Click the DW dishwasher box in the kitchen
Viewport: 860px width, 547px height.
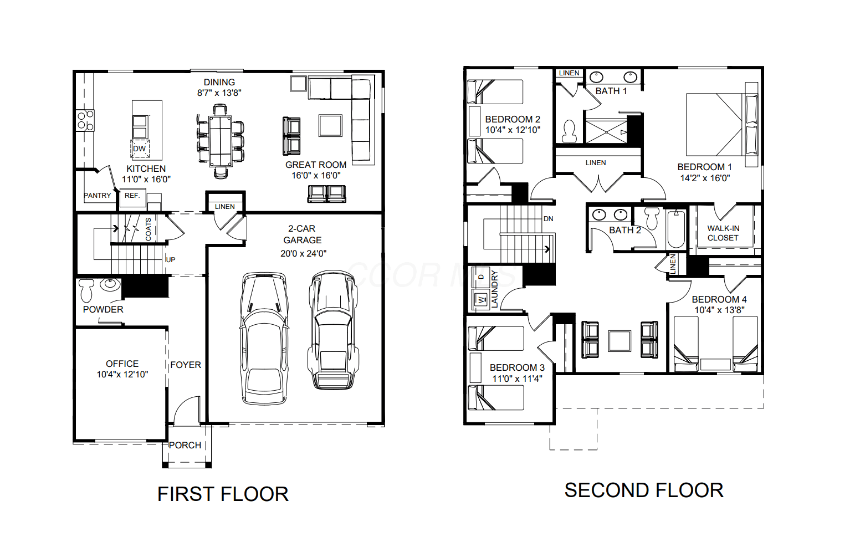coord(140,149)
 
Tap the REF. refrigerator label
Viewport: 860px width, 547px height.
coord(132,196)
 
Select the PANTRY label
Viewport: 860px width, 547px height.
coord(98,196)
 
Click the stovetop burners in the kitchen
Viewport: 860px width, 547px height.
coord(85,120)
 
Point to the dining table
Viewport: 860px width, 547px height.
coord(221,141)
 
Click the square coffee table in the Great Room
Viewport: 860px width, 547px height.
coord(330,125)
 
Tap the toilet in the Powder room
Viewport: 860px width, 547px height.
coord(86,290)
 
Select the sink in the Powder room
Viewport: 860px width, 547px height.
coord(110,284)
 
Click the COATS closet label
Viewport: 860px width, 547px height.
coord(148,229)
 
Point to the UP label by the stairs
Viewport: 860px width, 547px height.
coord(171,260)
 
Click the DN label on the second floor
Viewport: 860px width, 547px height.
coord(548,219)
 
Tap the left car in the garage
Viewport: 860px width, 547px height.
coord(264,339)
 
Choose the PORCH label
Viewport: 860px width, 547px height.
coord(185,445)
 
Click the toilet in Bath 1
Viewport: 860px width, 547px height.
coord(569,131)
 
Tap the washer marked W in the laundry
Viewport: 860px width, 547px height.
coord(480,299)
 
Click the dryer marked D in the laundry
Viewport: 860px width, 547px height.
coord(480,277)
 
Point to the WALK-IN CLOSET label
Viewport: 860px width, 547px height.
coord(723,233)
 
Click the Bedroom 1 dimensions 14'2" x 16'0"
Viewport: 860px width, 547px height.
coord(705,178)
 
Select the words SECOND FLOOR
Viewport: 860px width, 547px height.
coord(644,490)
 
